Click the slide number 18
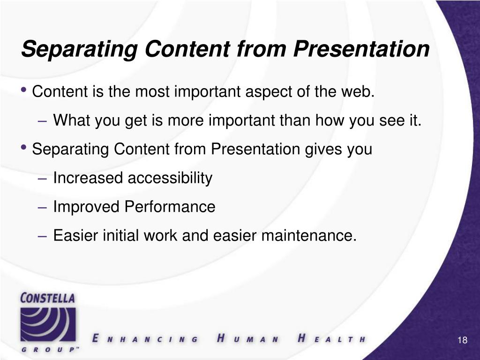coord(463,340)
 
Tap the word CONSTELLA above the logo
coord(47,298)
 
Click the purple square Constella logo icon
coord(48,324)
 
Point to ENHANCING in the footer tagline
coord(145,339)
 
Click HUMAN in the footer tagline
coord(247,338)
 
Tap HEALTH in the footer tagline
coord(332,338)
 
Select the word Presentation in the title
coord(361,49)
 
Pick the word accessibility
coord(170,178)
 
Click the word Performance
coord(170,207)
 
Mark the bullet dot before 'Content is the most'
coord(23,90)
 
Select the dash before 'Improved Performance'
coord(42,208)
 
